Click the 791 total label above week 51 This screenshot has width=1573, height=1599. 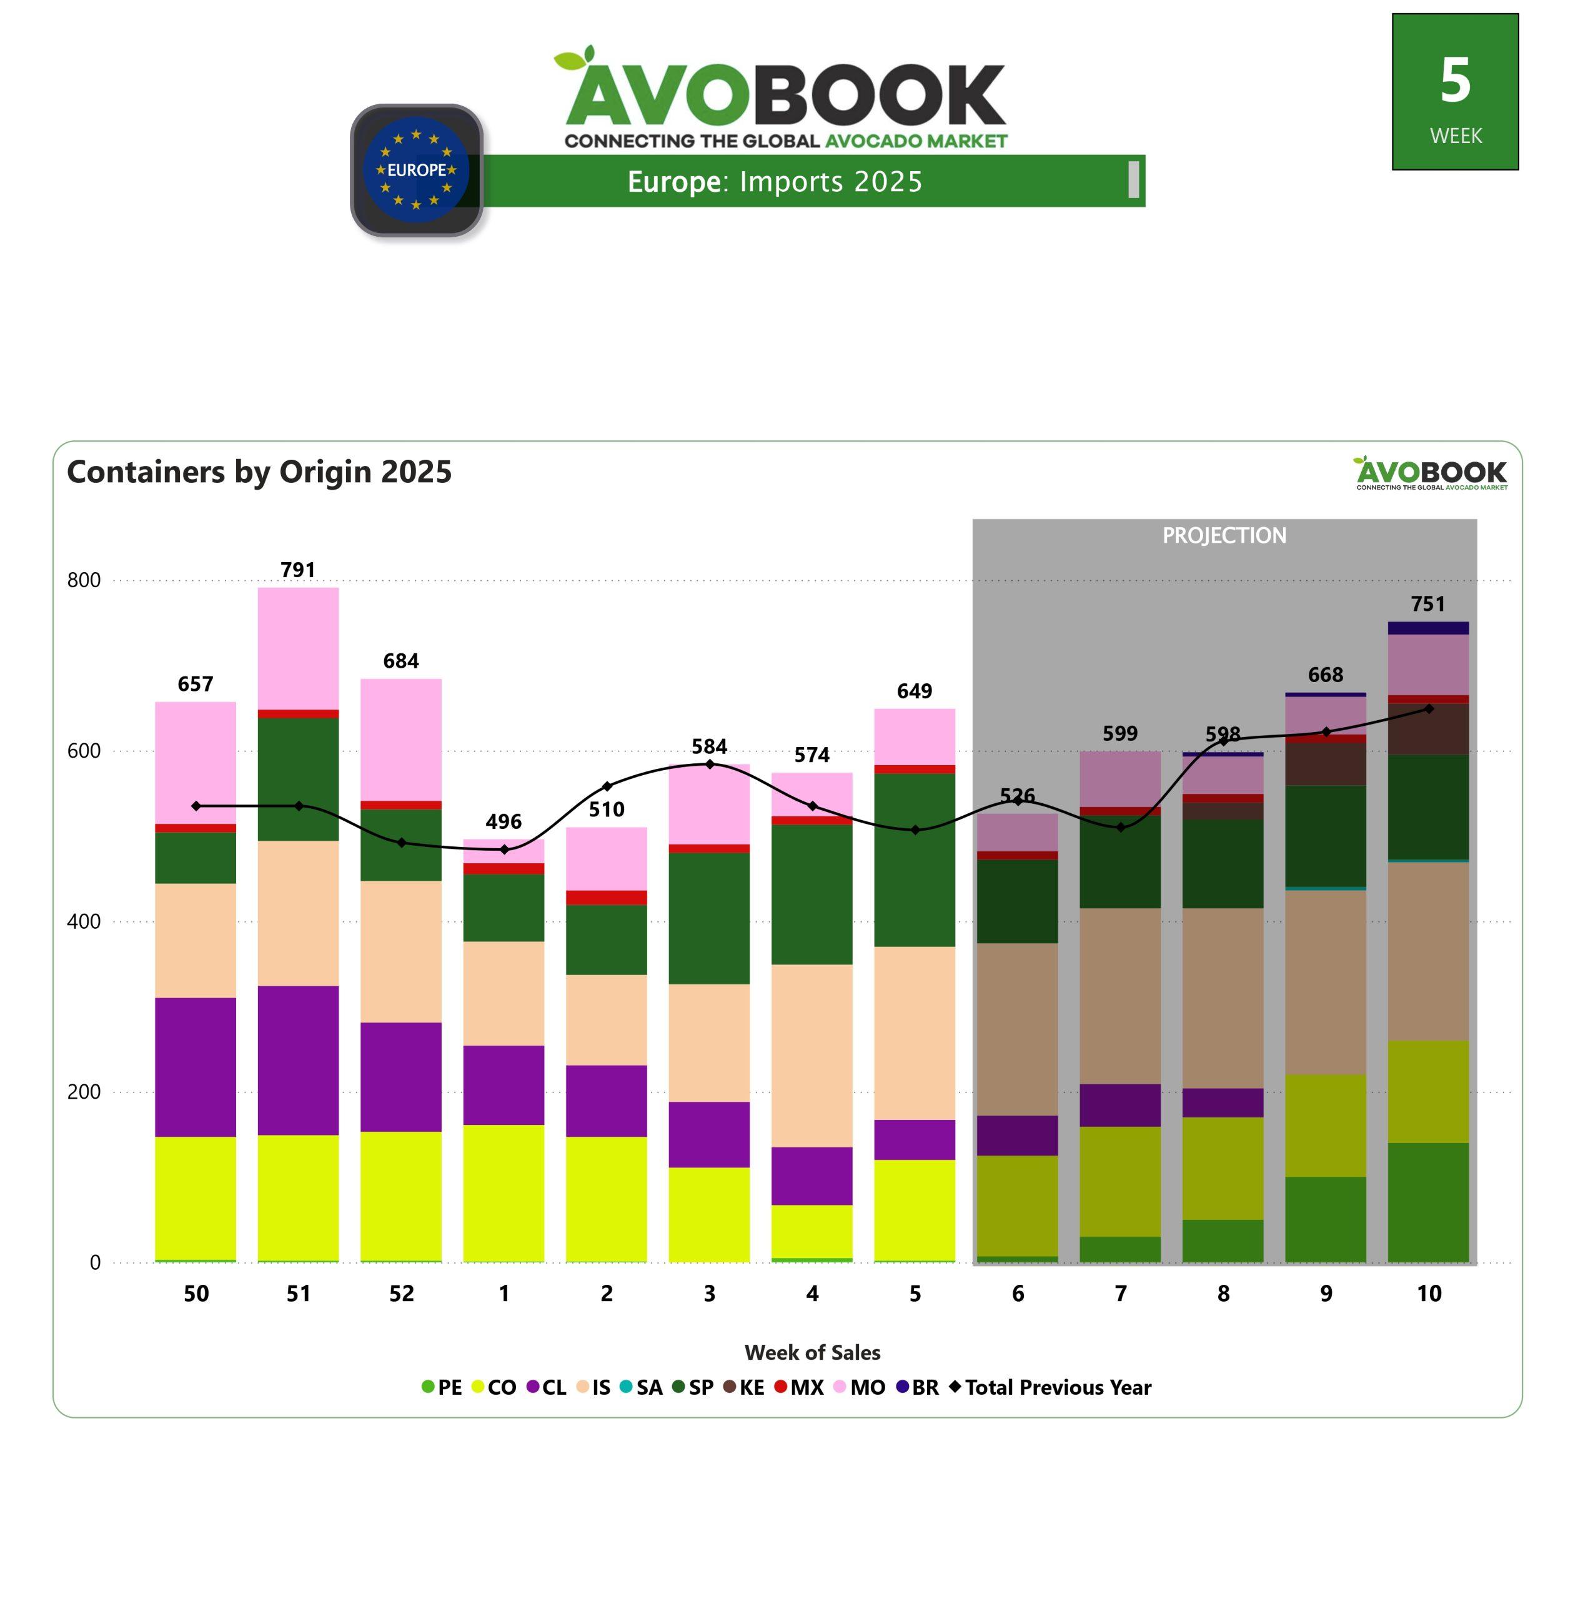(297, 570)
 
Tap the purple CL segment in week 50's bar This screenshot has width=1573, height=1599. (196, 1066)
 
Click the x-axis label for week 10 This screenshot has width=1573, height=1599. (1429, 1294)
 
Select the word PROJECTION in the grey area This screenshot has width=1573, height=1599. (1224, 535)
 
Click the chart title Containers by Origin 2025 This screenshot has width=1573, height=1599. (259, 472)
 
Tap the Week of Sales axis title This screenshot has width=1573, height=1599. (812, 1352)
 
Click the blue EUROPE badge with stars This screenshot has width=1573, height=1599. (417, 170)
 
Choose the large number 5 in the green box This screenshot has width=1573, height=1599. (1455, 81)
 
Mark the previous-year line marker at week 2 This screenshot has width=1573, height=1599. (607, 786)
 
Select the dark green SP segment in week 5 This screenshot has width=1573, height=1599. (915, 859)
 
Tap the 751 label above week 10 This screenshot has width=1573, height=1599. (1429, 604)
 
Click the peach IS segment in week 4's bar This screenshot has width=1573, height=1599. (812, 1055)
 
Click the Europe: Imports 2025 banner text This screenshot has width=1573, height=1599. (774, 182)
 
